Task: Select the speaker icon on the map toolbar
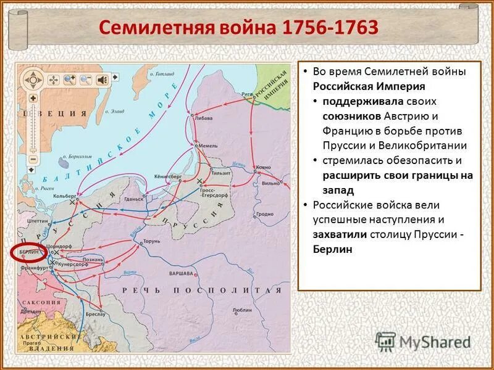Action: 101,79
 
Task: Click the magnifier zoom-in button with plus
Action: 69,79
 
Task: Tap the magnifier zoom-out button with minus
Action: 85,79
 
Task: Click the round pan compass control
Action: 32,79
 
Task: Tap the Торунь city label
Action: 151,234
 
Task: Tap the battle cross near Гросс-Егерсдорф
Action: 198,182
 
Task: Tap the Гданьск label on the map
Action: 133,199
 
